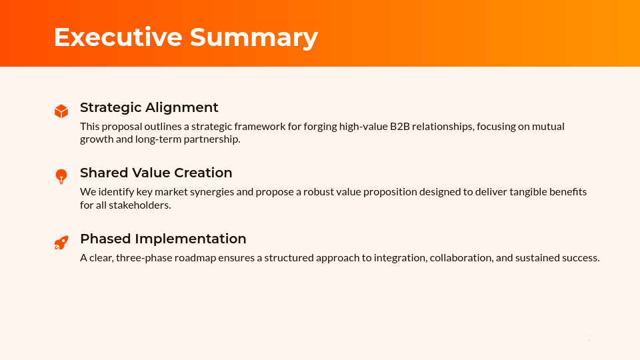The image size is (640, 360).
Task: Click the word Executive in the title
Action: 117,37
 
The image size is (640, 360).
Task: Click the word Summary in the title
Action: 254,37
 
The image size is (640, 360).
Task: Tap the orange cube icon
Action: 61,111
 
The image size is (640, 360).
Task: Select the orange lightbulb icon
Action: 61,177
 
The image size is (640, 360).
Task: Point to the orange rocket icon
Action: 61,243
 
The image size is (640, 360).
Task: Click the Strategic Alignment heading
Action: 149,107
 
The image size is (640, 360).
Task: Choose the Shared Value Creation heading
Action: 156,173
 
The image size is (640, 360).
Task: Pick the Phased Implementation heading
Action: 163,239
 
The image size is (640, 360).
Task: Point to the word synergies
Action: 211,191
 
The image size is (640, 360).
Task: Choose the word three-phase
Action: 143,257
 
